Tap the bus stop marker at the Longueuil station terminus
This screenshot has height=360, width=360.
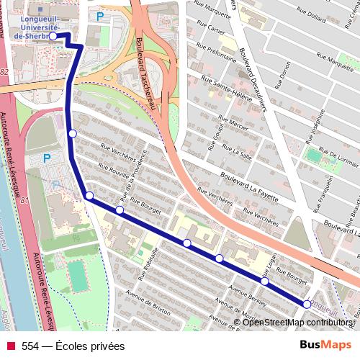(x=53, y=35)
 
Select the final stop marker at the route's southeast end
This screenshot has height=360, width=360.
(x=307, y=305)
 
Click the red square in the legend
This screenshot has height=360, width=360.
(x=10, y=346)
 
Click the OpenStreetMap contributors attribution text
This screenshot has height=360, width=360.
(x=295, y=323)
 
